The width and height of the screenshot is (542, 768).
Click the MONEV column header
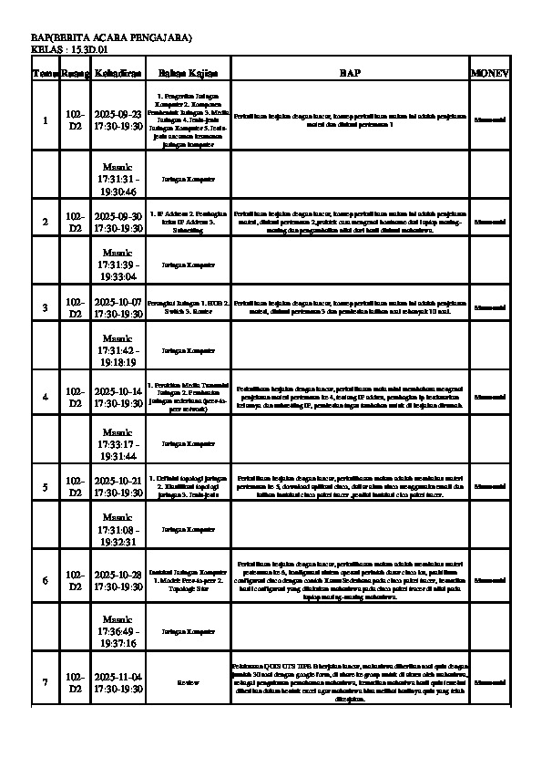tap(489, 72)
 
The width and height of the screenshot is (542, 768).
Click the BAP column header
tap(351, 72)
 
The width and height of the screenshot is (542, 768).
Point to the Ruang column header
tap(76, 72)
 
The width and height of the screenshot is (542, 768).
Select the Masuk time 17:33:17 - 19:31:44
tap(118, 443)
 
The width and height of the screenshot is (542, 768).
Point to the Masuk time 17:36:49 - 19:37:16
tap(118, 630)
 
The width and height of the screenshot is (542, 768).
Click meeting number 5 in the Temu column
tap(46, 487)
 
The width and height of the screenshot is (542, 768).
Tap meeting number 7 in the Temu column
tap(46, 682)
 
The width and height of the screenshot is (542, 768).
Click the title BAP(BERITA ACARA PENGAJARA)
tap(111, 36)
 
